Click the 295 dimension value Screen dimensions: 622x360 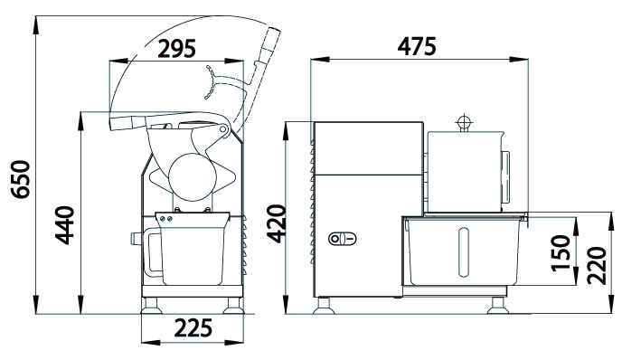pyautogui.click(x=176, y=49)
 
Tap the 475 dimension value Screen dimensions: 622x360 pyautogui.click(x=417, y=46)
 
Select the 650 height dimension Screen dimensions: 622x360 pyautogui.click(x=20, y=179)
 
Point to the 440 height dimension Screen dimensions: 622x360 pyautogui.click(x=64, y=225)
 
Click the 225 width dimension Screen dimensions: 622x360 pyautogui.click(x=193, y=327)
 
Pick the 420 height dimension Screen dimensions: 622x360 pyautogui.click(x=276, y=223)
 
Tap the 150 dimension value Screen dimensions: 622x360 pyautogui.click(x=561, y=252)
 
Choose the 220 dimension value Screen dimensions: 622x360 pyautogui.click(x=596, y=266)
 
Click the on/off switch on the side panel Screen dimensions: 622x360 pyautogui.click(x=343, y=239)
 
